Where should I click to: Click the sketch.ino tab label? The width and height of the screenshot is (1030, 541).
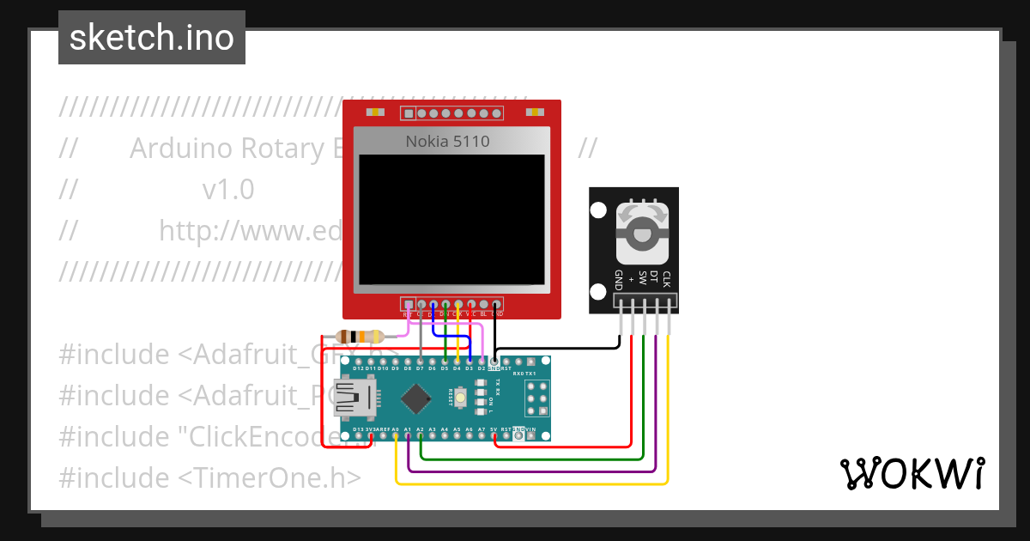[151, 38]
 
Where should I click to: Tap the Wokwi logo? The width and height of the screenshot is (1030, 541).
[911, 473]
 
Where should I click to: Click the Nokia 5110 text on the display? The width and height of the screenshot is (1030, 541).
[447, 141]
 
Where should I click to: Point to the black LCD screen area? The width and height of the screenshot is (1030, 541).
[451, 219]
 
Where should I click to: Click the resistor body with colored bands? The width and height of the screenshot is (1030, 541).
[361, 337]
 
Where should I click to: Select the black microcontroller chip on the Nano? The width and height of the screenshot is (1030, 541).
[416, 398]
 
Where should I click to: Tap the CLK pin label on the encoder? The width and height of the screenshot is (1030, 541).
[666, 278]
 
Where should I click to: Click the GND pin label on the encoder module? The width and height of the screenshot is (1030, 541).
[618, 280]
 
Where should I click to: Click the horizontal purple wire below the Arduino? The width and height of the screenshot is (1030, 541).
[532, 471]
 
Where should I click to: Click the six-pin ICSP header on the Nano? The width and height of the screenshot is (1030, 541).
[537, 399]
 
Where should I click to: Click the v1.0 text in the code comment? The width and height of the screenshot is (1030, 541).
[228, 190]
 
